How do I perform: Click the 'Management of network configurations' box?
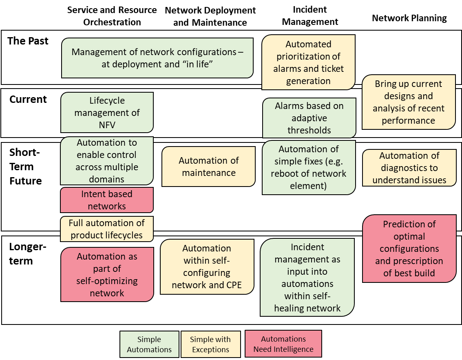[157, 58]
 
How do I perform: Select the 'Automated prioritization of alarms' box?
[308, 62]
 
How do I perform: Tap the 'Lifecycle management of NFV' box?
[107, 112]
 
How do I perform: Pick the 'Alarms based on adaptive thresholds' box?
[309, 118]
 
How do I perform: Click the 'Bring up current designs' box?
[409, 102]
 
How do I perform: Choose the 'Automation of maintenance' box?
[208, 167]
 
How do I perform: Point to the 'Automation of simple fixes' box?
[309, 167]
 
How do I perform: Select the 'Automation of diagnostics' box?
[409, 168]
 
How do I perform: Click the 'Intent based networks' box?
[107, 200]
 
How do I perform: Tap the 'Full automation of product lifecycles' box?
[107, 229]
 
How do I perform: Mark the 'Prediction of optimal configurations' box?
[409, 249]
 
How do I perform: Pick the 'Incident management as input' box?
[307, 278]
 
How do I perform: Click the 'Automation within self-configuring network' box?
[207, 267]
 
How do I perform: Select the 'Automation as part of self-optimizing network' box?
[107, 275]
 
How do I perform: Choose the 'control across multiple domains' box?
[107, 161]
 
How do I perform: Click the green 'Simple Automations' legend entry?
[149, 344]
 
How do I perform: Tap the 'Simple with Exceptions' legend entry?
[210, 344]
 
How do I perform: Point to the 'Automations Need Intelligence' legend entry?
[283, 344]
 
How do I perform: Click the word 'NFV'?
[107, 125]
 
